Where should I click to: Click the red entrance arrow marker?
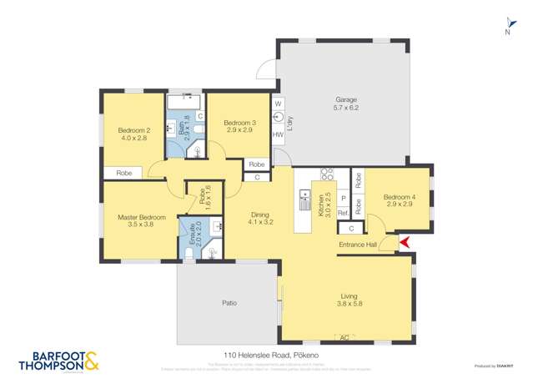click(x=404, y=243)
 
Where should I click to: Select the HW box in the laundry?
click(x=278, y=135)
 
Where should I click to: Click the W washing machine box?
click(x=278, y=103)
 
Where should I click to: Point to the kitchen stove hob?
click(x=328, y=175)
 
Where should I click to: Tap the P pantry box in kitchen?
click(x=343, y=199)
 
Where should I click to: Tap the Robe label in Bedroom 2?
click(x=123, y=173)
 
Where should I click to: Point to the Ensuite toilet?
click(x=188, y=254)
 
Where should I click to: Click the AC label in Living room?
click(x=344, y=337)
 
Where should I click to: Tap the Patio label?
click(x=227, y=302)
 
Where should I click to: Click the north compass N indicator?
click(x=506, y=32)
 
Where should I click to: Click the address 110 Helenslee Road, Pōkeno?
click(x=266, y=355)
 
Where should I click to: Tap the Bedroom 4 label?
click(x=398, y=200)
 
